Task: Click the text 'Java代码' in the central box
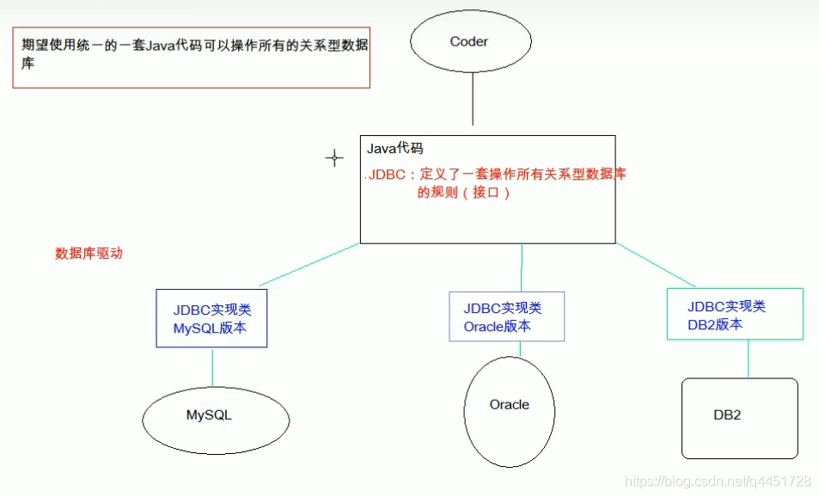click(395, 149)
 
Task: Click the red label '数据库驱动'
click(89, 254)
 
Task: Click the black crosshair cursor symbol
click(333, 158)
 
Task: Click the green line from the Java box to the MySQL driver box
click(309, 265)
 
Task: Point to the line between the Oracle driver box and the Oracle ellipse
click(519, 349)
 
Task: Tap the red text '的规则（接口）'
click(464, 193)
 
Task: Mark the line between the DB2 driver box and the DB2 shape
click(748, 359)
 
